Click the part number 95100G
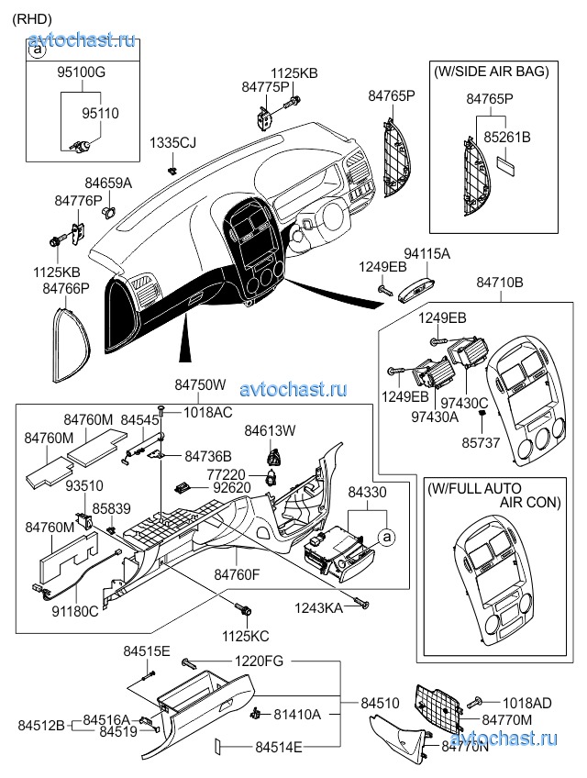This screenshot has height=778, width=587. pyautogui.click(x=83, y=72)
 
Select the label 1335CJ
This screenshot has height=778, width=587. pyautogui.click(x=173, y=142)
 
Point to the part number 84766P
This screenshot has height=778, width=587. pyautogui.click(x=66, y=288)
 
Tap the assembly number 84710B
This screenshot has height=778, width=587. pyautogui.click(x=500, y=283)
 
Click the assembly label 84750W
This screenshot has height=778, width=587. pyautogui.click(x=200, y=387)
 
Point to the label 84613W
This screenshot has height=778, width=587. pyautogui.click(x=271, y=430)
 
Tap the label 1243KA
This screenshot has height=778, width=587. pyautogui.click(x=318, y=607)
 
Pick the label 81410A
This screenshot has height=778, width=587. pyautogui.click(x=297, y=714)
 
